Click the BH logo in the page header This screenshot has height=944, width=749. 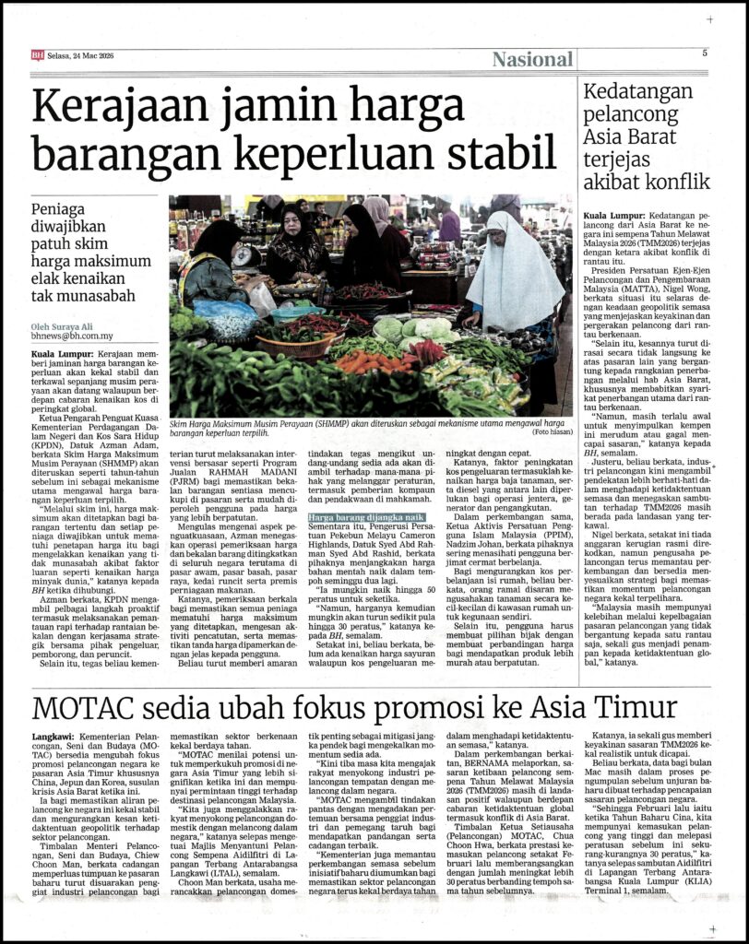(38, 54)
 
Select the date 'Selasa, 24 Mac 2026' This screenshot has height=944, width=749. (81, 54)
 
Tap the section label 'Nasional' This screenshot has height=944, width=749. (532, 60)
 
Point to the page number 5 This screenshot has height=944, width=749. (704, 53)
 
